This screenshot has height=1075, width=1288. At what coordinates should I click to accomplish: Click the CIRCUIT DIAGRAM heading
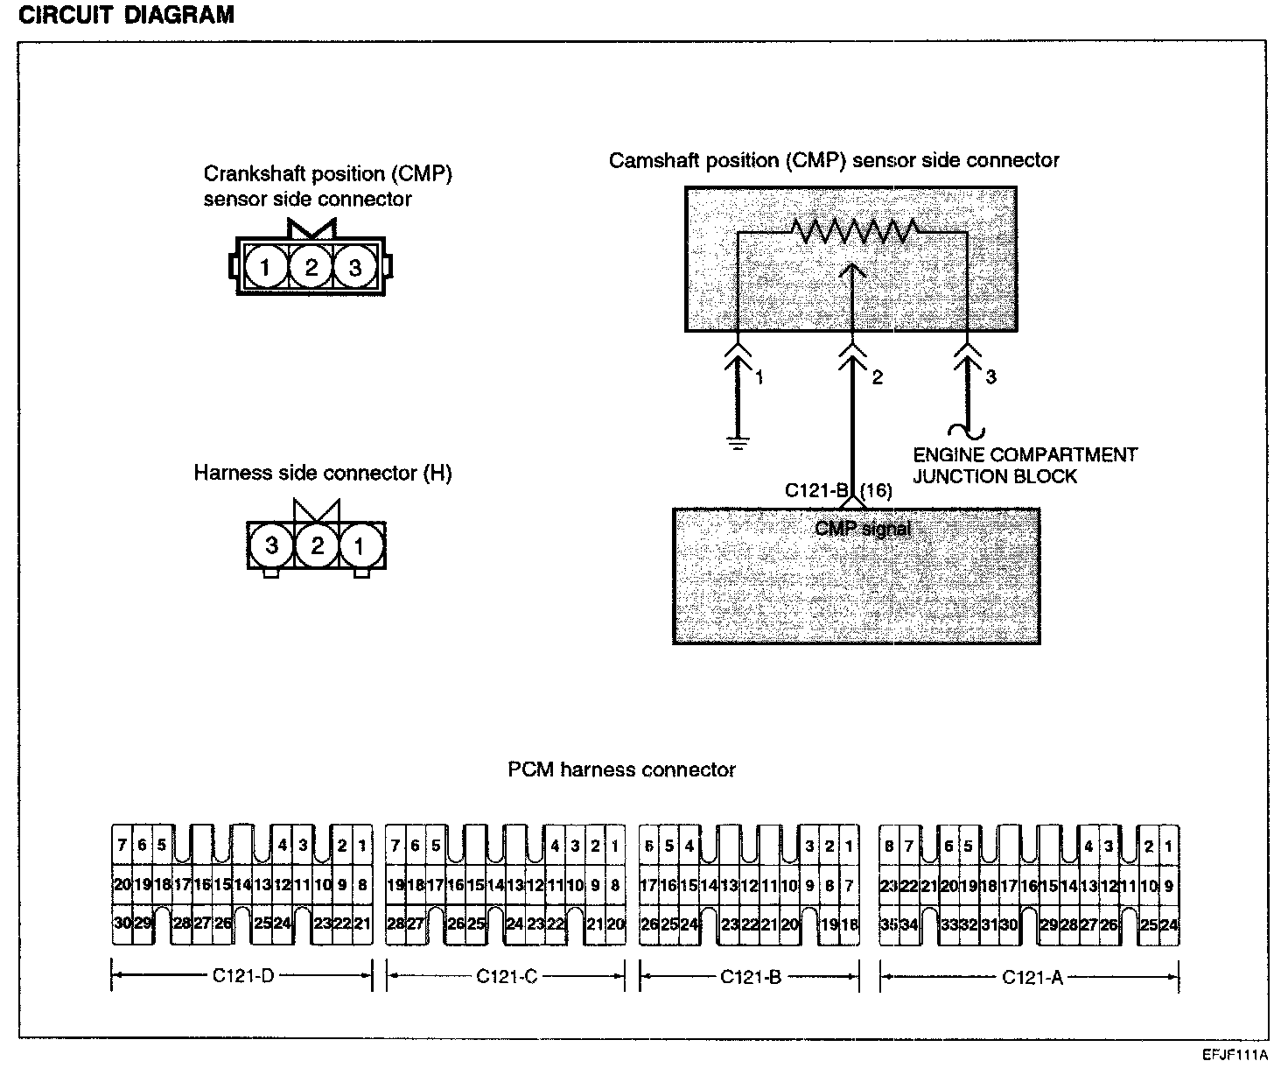(x=127, y=15)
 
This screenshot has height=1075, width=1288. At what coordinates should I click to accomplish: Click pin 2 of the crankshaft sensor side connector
(x=311, y=267)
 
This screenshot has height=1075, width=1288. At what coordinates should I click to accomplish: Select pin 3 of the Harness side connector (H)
(x=271, y=545)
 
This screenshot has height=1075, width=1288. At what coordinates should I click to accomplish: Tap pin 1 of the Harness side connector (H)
(x=360, y=545)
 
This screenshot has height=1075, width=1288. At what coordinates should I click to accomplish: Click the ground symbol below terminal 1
(x=738, y=442)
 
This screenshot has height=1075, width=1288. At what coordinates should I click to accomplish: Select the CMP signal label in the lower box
(x=863, y=529)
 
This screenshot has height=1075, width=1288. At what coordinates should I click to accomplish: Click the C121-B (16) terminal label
(x=838, y=490)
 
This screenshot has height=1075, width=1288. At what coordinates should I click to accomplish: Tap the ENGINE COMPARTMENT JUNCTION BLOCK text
(x=1025, y=466)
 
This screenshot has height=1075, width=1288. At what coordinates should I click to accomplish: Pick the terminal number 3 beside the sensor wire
(x=990, y=376)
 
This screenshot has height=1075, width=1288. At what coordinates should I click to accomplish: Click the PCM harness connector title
(x=621, y=769)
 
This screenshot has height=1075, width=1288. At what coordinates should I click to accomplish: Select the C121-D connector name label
(x=243, y=976)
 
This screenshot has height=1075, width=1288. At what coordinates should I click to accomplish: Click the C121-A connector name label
(x=1032, y=977)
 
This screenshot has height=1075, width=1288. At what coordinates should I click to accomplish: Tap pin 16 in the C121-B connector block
(x=668, y=886)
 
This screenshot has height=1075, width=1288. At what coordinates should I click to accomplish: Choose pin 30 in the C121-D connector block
(x=122, y=924)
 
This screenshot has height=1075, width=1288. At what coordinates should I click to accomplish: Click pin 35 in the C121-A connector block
(x=889, y=924)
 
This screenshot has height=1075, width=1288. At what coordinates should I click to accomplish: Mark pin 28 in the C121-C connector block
(x=395, y=924)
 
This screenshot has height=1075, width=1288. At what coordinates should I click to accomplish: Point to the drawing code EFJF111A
(x=1235, y=1055)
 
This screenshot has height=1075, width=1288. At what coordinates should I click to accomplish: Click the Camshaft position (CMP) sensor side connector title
(x=834, y=160)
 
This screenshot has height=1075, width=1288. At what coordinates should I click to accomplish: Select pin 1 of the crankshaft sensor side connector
(x=265, y=267)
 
